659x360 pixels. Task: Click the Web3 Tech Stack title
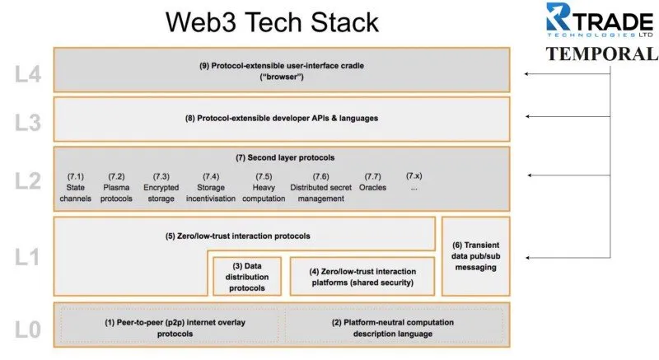click(272, 22)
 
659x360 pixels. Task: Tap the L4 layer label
click(28, 74)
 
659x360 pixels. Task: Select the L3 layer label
click(28, 123)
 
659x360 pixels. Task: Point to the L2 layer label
click(28, 181)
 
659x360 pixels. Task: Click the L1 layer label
click(27, 257)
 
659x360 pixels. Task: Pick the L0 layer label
click(28, 330)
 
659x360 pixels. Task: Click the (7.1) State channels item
click(76, 187)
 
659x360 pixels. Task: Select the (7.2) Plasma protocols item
click(116, 187)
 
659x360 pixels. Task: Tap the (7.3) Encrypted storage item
click(161, 187)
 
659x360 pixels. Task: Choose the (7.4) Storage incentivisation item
click(211, 187)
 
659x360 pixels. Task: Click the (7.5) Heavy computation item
click(264, 187)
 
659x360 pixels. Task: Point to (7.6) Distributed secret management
click(320, 187)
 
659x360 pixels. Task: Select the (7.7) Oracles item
click(372, 182)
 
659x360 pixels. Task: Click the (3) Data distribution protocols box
click(247, 277)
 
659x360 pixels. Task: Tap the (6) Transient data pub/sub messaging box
click(476, 256)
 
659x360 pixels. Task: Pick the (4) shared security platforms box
click(362, 277)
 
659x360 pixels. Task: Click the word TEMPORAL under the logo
click(601, 54)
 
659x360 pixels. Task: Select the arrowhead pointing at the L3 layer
click(528, 116)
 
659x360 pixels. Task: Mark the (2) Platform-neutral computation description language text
click(393, 328)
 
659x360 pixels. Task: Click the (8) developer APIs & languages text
click(282, 119)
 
